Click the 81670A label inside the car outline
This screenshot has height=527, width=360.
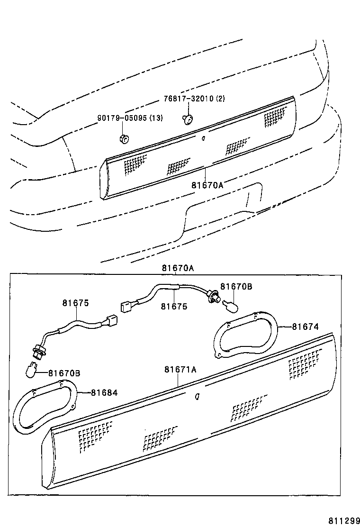coord(207,184)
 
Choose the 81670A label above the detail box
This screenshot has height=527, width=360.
coord(178,268)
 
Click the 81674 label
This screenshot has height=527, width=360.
coord(305,326)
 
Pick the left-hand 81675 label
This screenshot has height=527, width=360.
coord(76,303)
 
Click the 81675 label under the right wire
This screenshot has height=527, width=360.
coord(174,306)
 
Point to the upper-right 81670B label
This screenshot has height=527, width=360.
coord(236,287)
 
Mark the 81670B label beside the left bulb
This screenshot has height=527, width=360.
coord(63,373)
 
